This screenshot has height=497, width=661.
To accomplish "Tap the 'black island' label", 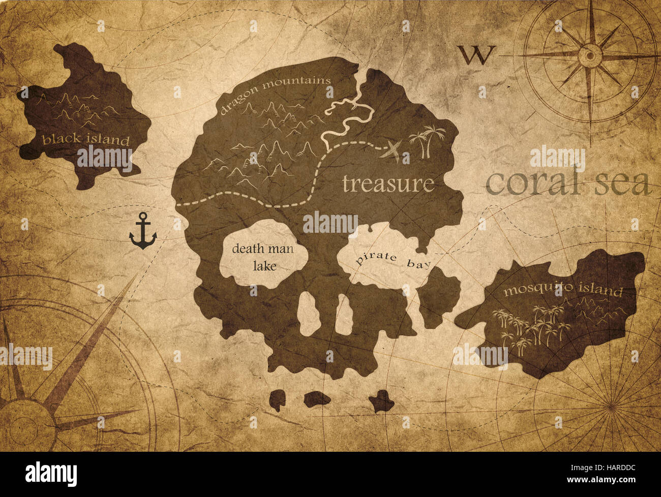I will point(86,139).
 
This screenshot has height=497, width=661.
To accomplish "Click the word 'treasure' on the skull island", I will point(388,183).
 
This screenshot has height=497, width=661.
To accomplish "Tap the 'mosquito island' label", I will point(563,291).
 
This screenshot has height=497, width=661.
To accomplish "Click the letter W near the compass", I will point(476,55).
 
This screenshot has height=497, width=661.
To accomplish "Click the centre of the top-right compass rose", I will point(589,53).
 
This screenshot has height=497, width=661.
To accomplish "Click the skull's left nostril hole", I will point(307,312).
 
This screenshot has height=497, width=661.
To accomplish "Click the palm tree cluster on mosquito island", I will point(529,328).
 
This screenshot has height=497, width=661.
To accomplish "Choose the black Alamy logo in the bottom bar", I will point(51,474).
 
